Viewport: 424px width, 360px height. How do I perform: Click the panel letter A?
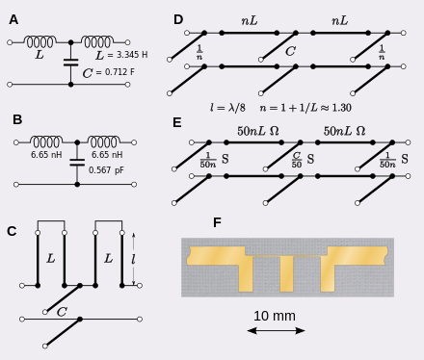pyautogui.click(x=13, y=19)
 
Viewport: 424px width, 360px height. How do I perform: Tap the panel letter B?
pyautogui.click(x=17, y=119)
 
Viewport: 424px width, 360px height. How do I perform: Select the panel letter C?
pyautogui.click(x=12, y=231)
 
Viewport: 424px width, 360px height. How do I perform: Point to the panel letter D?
pyautogui.click(x=178, y=19)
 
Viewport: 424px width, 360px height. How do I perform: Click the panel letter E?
pyautogui.click(x=177, y=122)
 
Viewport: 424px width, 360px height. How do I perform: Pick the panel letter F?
pyautogui.click(x=217, y=222)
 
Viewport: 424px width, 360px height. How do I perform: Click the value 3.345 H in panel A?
pyautogui.click(x=132, y=55)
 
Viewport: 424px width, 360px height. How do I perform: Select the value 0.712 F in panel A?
pyautogui.click(x=119, y=72)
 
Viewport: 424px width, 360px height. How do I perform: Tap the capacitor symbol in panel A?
pyautogui.click(x=71, y=63)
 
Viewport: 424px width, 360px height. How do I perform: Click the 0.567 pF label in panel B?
pyautogui.click(x=106, y=170)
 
